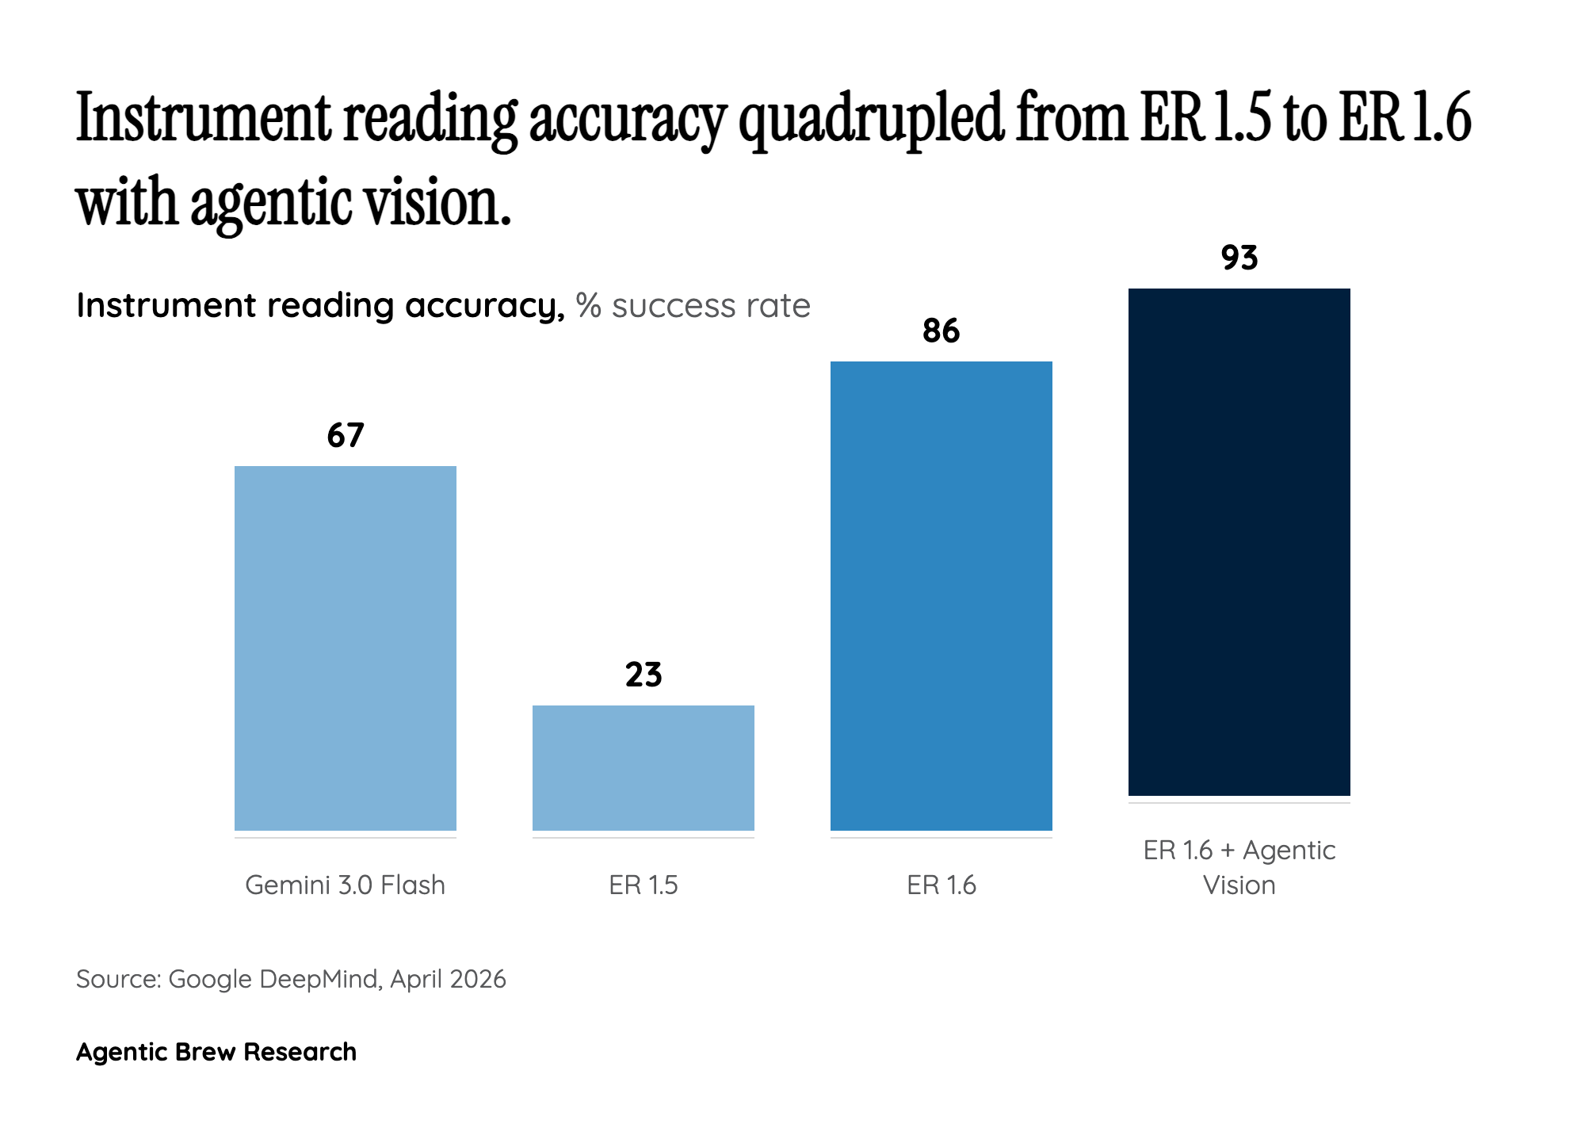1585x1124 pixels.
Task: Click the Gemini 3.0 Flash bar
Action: coord(345,648)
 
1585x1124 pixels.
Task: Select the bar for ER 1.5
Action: coord(643,767)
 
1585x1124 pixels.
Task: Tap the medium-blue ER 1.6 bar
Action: coord(941,595)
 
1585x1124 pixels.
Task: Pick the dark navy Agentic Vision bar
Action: coord(1239,541)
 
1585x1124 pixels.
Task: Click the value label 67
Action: coord(345,436)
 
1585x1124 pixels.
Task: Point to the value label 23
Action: coord(643,675)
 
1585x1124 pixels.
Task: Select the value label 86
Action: coord(941,331)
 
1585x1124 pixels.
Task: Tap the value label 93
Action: coord(1239,258)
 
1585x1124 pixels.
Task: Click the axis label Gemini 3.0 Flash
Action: coord(345,885)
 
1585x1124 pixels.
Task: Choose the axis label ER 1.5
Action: coord(643,885)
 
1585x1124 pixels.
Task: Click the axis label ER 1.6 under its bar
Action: coord(941,885)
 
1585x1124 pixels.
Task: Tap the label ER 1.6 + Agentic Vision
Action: coord(1239,867)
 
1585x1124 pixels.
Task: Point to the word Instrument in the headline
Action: coord(201,119)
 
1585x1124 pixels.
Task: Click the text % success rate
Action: coord(693,306)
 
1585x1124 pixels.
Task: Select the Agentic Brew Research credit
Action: coord(216,1052)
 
